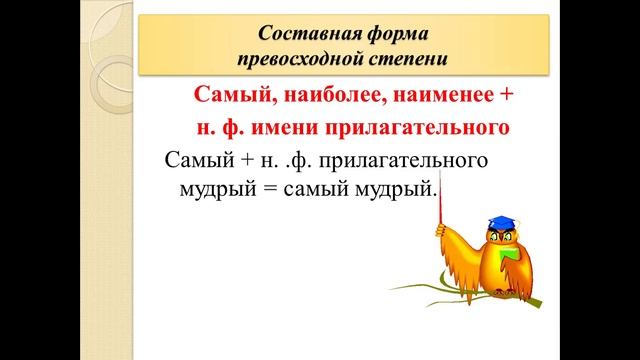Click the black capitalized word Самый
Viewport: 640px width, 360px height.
click(x=196, y=159)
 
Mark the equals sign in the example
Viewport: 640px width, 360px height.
click(x=264, y=188)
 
